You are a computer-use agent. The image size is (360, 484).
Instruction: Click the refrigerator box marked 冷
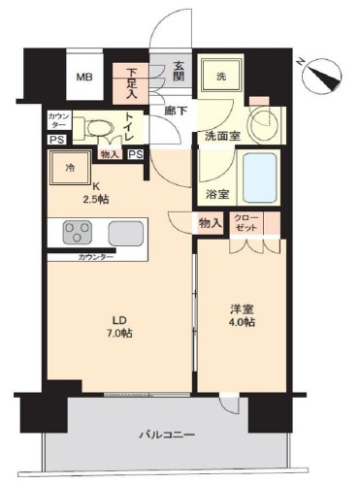pos(70,169)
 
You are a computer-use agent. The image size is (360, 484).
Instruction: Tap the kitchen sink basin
pos(124,234)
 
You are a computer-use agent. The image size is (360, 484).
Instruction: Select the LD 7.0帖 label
pos(119,326)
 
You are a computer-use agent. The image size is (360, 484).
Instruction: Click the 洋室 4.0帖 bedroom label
pos(242,314)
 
